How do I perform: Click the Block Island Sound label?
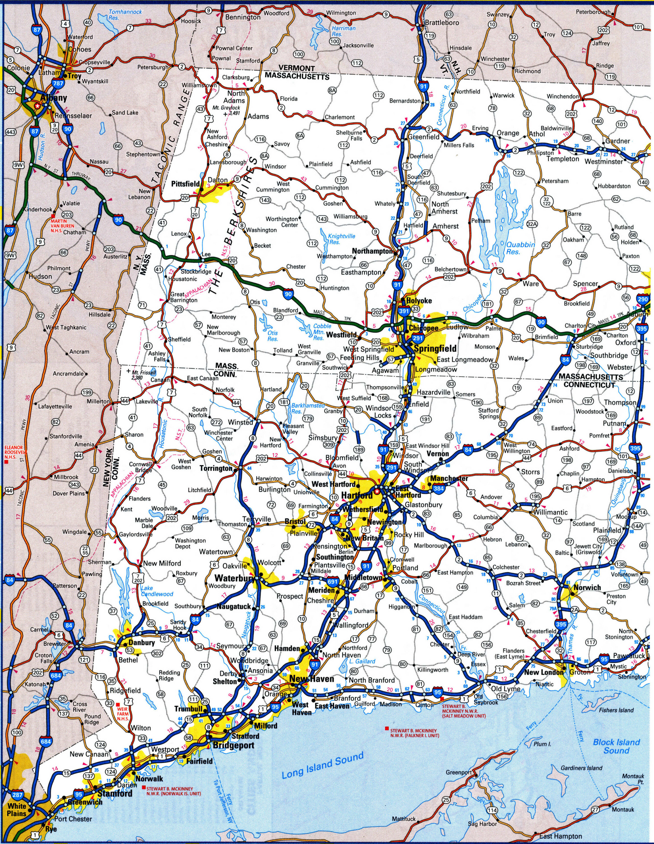coord(616,746)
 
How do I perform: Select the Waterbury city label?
coord(234,579)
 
